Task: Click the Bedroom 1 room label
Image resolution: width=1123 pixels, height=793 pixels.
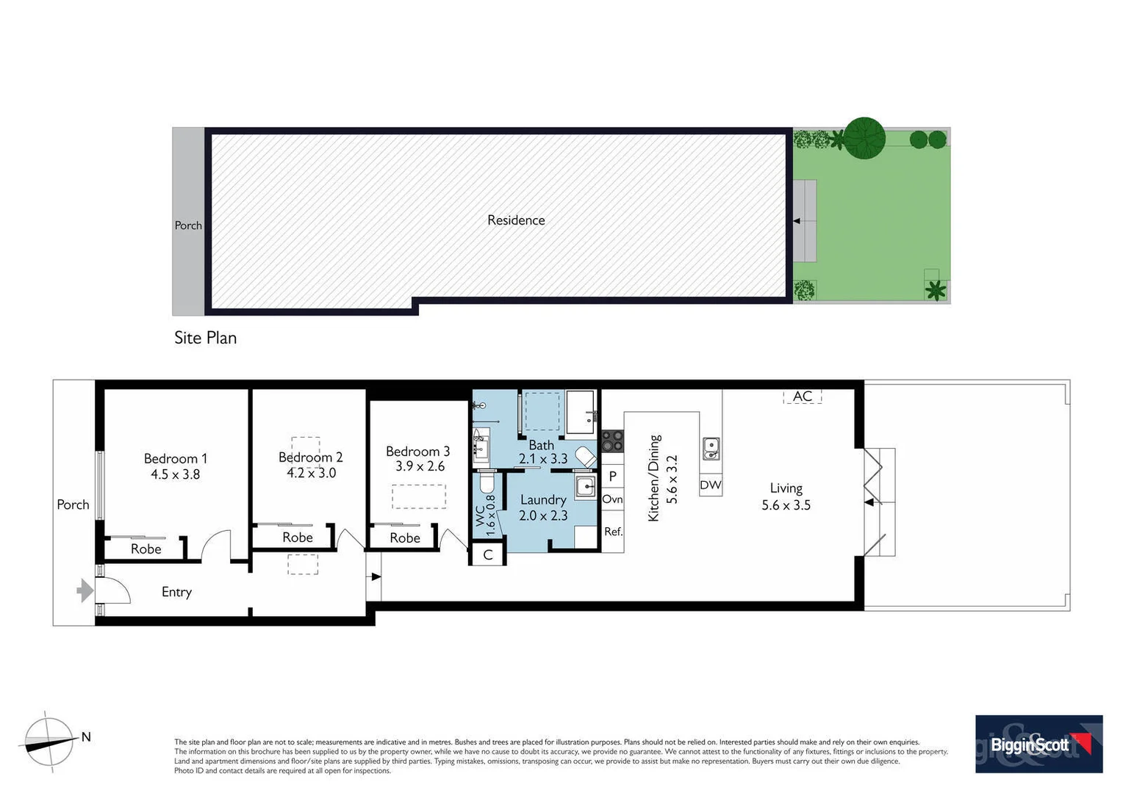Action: click(x=175, y=459)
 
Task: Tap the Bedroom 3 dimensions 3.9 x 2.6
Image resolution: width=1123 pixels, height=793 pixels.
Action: click(x=420, y=466)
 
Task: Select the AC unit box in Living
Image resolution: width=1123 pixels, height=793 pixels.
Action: click(x=802, y=396)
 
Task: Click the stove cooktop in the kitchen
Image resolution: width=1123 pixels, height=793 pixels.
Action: click(x=613, y=441)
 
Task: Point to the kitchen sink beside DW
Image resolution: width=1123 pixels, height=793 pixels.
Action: click(x=711, y=449)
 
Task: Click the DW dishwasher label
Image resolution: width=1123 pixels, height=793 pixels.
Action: click(x=710, y=485)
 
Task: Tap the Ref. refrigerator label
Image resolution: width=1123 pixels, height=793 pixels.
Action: click(x=613, y=532)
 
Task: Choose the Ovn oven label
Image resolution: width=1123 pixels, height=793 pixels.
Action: click(x=612, y=499)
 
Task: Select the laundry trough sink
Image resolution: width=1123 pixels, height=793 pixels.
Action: click(x=586, y=486)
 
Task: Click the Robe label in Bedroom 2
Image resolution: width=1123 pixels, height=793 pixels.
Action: click(x=298, y=537)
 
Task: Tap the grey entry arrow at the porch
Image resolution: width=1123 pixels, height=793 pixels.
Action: click(x=85, y=590)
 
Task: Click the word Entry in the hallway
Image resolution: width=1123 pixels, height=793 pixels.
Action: click(x=176, y=592)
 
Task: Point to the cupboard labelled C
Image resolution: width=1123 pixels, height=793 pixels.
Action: click(x=487, y=555)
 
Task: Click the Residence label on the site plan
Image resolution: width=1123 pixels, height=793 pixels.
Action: click(x=516, y=220)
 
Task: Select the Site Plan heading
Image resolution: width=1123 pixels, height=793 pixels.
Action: click(x=205, y=338)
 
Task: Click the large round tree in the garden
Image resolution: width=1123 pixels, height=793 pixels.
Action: click(x=864, y=137)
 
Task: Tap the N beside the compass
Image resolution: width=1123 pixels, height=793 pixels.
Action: click(x=86, y=737)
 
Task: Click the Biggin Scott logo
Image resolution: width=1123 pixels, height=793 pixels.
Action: click(x=1038, y=744)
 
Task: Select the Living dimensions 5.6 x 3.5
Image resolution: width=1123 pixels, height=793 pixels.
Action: click(x=786, y=505)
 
